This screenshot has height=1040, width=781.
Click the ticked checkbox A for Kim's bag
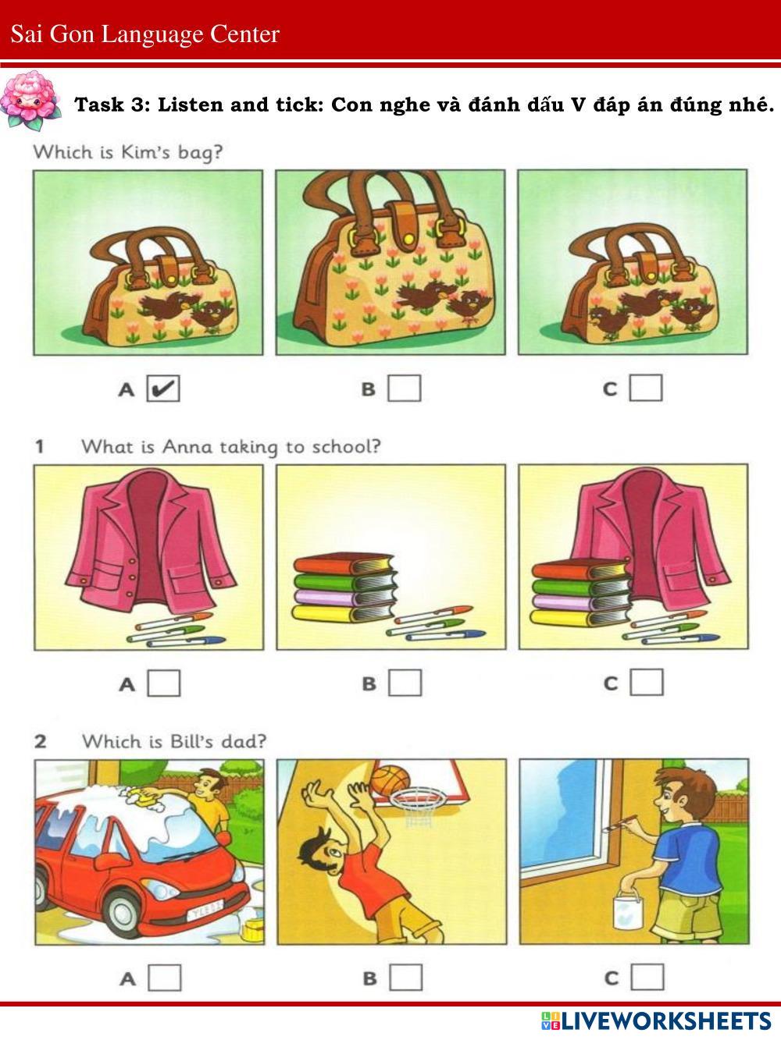click(163, 389)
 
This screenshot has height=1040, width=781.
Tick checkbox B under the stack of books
click(405, 683)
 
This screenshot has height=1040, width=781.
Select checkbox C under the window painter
click(647, 977)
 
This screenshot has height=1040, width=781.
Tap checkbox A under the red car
click(165, 978)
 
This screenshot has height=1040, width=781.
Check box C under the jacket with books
click(647, 682)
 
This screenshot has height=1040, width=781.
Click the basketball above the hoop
click(390, 780)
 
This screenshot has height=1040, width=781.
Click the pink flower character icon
click(30, 100)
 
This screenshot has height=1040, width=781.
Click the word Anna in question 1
click(187, 447)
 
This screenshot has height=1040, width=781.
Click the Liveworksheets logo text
click(656, 1020)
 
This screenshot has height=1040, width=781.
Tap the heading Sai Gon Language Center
click(145, 34)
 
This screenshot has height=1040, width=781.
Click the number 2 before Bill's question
click(41, 742)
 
